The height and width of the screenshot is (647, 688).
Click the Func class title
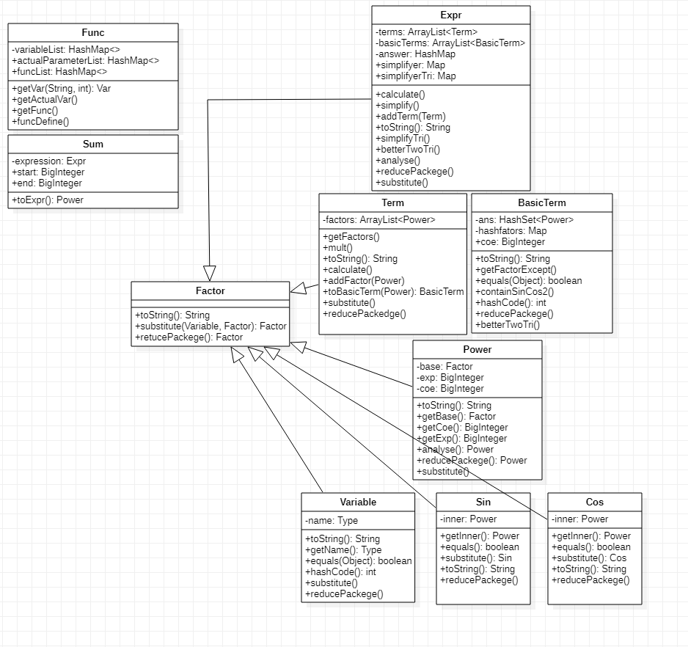pos(93,33)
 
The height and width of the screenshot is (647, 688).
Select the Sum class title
pos(93,145)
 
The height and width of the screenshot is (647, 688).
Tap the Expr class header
pos(450,15)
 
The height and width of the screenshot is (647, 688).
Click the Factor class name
pos(210,291)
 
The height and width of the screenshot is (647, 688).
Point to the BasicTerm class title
pos(541,203)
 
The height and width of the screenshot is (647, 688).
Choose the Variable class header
pos(358,502)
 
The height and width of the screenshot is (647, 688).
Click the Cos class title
pos(594,502)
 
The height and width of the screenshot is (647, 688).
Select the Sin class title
pos(483,502)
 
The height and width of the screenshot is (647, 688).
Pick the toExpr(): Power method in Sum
pos(48,200)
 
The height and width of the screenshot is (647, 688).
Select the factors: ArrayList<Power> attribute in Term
pos(378,220)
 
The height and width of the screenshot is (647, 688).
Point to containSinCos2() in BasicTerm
pos(515,292)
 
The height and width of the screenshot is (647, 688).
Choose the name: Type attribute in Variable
pos(332,521)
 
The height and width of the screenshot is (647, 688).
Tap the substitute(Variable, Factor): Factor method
pos(211,326)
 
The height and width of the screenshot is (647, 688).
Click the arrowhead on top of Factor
pos(209,272)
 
